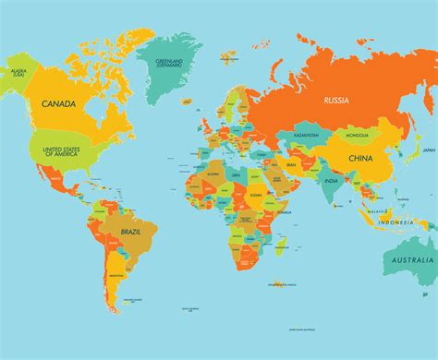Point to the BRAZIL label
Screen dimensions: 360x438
117,244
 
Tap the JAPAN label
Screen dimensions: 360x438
428,150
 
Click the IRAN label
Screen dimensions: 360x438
292,163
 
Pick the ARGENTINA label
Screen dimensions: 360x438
115,276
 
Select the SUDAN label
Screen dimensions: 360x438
256,196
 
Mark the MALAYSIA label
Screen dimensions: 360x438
378,211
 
